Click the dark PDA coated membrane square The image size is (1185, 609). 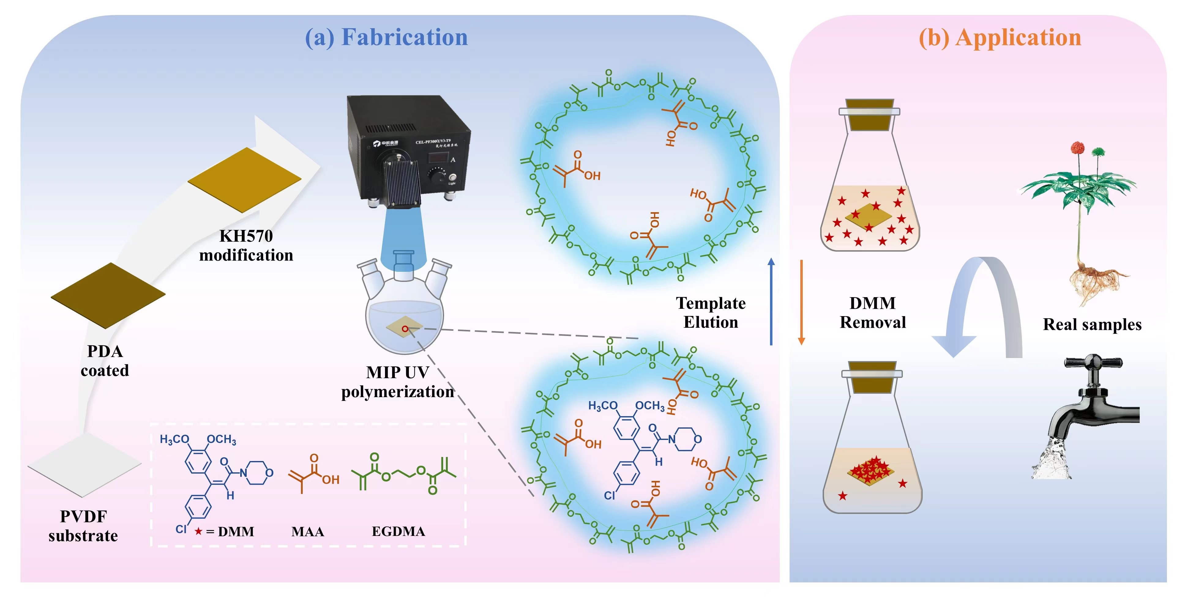pos(108,295)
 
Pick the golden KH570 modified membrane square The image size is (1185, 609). pos(245,180)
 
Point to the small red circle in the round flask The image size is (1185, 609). pos(405,329)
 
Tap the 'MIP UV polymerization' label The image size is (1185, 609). pos(398,382)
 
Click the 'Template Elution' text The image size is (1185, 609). pos(711,312)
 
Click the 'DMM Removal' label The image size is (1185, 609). pos(873,312)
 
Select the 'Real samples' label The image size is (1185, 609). pos(1092,324)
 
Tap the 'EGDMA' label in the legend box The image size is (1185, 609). pos(398,531)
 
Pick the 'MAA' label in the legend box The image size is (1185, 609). pos(308,532)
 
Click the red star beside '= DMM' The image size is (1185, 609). pos(198,531)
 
